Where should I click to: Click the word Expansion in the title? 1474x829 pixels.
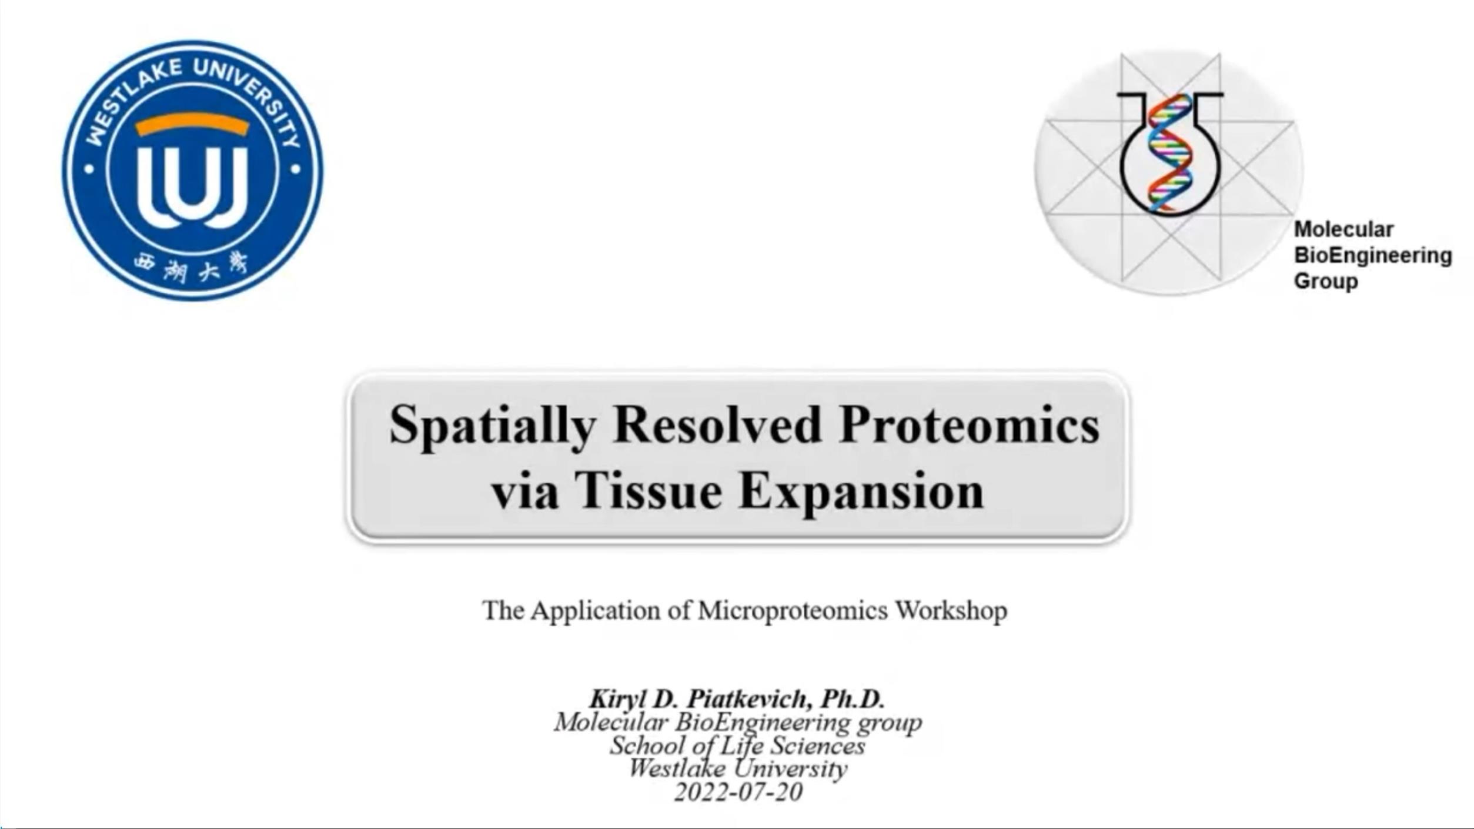pyautogui.click(x=861, y=493)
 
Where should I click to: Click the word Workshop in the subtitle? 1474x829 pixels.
pyautogui.click(x=951, y=611)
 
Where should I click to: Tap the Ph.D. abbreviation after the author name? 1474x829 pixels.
pyautogui.click(x=853, y=699)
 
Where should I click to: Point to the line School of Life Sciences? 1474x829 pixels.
pyautogui.click(x=737, y=746)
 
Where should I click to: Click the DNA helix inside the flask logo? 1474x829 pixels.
pyautogui.click(x=1170, y=152)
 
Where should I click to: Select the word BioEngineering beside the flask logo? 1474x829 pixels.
pyautogui.click(x=1373, y=256)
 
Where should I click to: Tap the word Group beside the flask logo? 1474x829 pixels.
pyautogui.click(x=1326, y=282)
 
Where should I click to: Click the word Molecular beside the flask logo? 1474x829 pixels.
pyautogui.click(x=1343, y=229)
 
